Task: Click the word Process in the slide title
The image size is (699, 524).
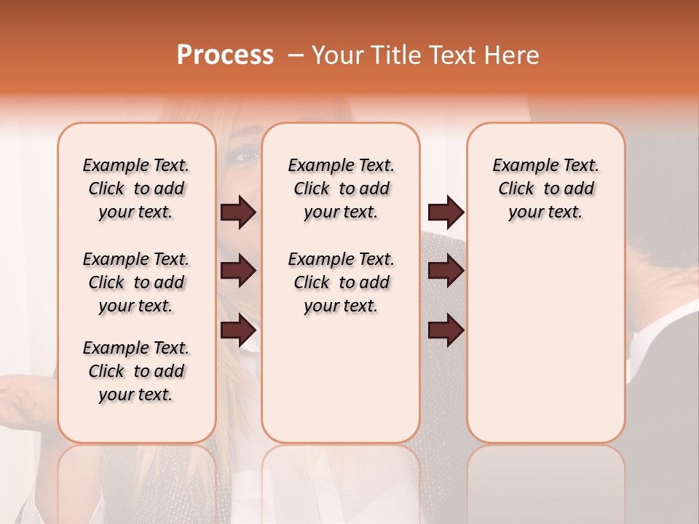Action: pyautogui.click(x=225, y=55)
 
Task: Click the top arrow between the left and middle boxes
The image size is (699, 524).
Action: pyautogui.click(x=238, y=212)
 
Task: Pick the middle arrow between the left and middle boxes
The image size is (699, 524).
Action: pyautogui.click(x=238, y=271)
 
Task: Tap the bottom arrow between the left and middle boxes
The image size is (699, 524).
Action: pyautogui.click(x=238, y=330)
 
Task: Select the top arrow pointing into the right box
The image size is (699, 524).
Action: pyautogui.click(x=446, y=212)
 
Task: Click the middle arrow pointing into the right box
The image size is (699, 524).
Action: pyautogui.click(x=446, y=271)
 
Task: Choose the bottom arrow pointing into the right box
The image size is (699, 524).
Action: pyautogui.click(x=446, y=330)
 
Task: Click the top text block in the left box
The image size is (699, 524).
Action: pyautogui.click(x=136, y=188)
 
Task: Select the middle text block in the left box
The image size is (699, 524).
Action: pyautogui.click(x=136, y=282)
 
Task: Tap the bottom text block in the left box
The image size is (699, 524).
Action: pyautogui.click(x=136, y=371)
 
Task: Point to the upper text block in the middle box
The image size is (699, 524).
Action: pyautogui.click(x=341, y=188)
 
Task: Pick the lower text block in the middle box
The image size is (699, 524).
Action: pyautogui.click(x=341, y=282)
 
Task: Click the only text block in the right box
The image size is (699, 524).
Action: pyautogui.click(x=545, y=188)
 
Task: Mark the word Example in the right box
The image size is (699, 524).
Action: pyautogui.click(x=519, y=166)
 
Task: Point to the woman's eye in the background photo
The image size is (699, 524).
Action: pyautogui.click(x=246, y=154)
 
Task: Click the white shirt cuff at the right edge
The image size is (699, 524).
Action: pyautogui.click(x=659, y=342)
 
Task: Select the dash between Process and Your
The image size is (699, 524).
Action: pyautogui.click(x=295, y=55)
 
